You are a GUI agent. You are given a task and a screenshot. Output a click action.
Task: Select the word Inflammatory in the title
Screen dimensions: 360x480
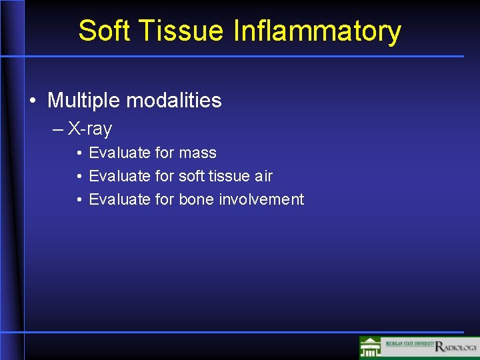point(317,31)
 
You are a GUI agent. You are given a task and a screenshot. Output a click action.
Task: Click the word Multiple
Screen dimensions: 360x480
point(84,101)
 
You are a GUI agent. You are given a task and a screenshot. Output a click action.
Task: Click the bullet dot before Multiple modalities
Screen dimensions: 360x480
point(33,101)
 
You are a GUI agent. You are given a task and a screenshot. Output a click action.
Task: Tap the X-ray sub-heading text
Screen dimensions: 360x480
point(90,129)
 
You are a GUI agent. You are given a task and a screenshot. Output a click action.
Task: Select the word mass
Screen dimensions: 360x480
point(198,153)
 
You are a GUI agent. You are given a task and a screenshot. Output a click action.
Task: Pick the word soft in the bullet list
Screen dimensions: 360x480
point(193,176)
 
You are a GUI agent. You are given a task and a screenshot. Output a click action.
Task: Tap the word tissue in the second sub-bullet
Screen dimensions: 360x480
point(229,176)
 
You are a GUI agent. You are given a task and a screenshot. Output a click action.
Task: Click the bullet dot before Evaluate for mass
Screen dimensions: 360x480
point(79,153)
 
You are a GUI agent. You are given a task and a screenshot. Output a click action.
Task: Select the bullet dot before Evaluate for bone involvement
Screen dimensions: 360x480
point(79,200)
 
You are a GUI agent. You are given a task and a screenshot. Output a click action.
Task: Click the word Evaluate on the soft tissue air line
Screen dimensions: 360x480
point(120,176)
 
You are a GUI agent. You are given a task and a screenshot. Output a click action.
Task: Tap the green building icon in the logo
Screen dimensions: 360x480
point(371,347)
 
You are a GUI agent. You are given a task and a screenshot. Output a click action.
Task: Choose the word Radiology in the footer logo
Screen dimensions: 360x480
point(457,347)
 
